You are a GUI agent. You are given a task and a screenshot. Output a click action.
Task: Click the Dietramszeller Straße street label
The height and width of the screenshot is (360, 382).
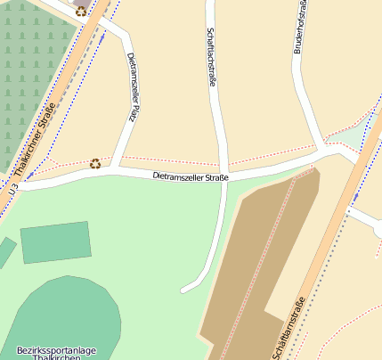[191, 177]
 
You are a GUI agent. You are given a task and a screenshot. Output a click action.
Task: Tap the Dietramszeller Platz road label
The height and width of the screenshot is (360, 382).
[133, 86]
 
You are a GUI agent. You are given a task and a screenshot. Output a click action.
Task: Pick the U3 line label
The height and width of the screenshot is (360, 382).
[12, 189]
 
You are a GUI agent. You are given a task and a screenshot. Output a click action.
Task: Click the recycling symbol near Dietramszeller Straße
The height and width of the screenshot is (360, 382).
[95, 163]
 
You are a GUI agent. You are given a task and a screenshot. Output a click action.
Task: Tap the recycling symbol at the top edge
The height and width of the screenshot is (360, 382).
[82, 12]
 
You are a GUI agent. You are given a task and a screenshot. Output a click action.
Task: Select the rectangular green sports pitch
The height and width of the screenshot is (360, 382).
[55, 241]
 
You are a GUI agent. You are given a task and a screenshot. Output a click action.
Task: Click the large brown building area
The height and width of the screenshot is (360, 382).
[258, 258]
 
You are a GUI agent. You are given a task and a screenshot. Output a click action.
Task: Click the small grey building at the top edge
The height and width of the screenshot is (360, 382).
[82, 3]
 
